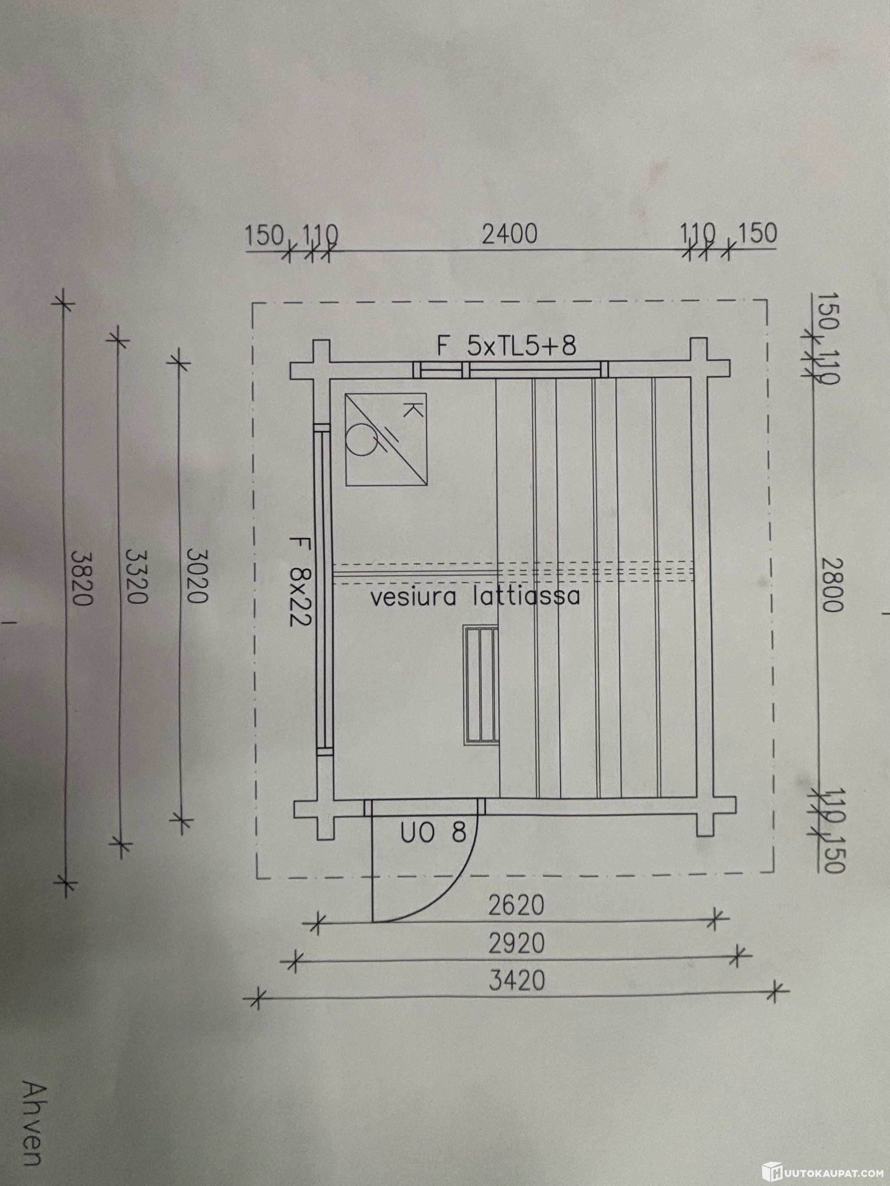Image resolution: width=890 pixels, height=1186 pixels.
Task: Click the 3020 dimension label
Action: pos(195,575)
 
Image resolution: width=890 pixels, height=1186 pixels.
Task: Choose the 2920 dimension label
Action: pos(517,944)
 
